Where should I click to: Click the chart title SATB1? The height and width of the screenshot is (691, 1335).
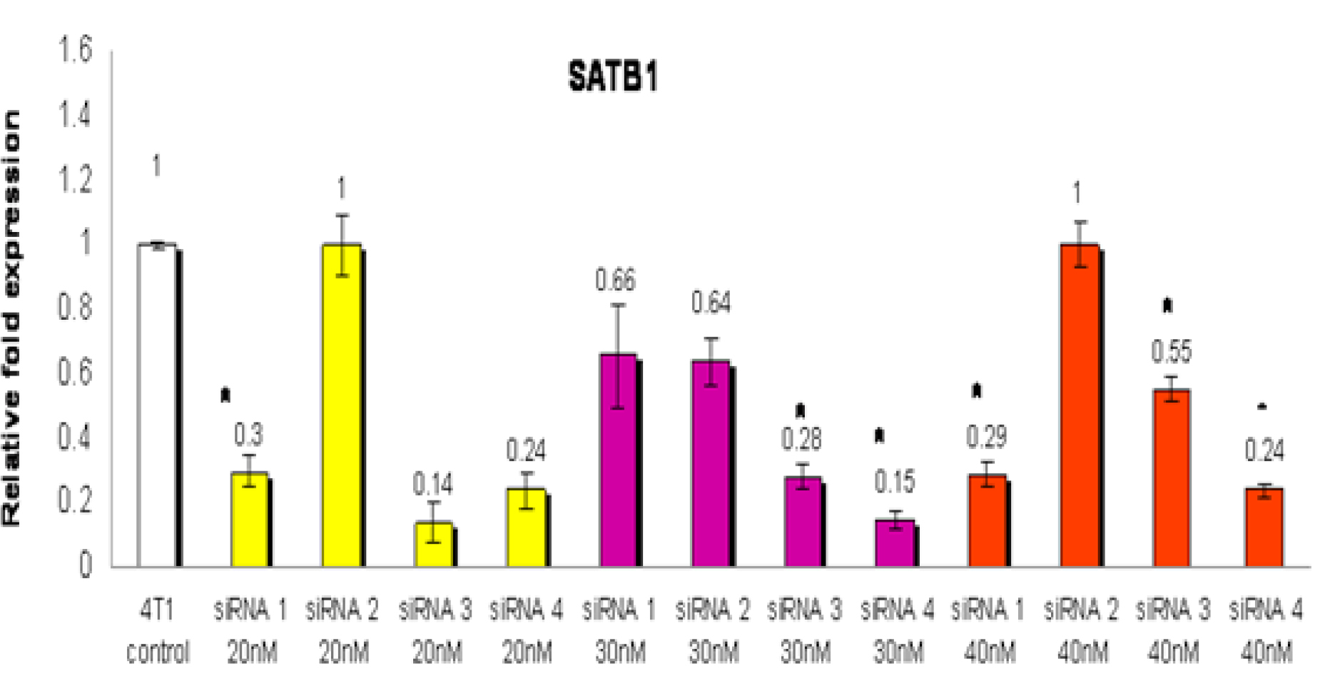(x=612, y=76)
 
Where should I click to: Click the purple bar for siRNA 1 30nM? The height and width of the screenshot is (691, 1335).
(x=618, y=460)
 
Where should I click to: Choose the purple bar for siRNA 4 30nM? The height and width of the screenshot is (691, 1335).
(x=895, y=543)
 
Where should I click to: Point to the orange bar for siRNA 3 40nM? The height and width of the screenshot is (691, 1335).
(x=1172, y=478)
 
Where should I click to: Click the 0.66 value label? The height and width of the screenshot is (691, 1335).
(x=615, y=281)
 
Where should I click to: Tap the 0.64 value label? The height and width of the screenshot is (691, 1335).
(x=711, y=303)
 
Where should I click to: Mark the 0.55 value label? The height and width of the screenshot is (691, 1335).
(x=1171, y=352)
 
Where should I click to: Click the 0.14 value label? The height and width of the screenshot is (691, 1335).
(x=432, y=485)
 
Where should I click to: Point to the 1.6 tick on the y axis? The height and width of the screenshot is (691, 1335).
(x=76, y=50)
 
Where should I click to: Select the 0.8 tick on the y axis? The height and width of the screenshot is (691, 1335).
(x=76, y=308)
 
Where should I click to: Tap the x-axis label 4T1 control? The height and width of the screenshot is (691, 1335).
(x=157, y=631)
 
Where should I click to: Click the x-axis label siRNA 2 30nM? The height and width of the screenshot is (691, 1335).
(x=712, y=631)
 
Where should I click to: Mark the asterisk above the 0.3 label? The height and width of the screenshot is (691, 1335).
(x=225, y=395)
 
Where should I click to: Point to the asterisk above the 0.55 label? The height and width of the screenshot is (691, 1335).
(x=1167, y=306)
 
